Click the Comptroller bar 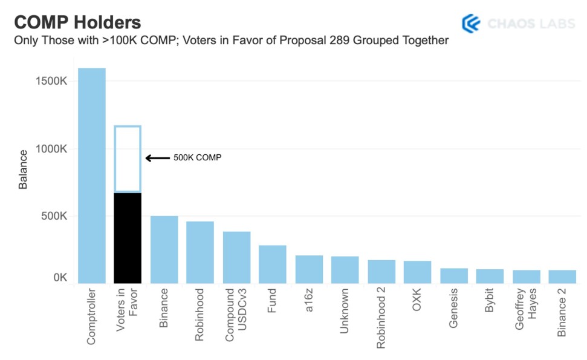tap(92, 175)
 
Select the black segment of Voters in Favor tap(128, 238)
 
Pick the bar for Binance tap(164, 249)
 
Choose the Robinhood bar tap(200, 252)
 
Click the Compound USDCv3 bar tap(236, 257)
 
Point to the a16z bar tap(310, 269)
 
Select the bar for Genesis tap(454, 276)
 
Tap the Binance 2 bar tap(562, 277)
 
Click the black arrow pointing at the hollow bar tap(158, 158)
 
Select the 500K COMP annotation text tap(197, 158)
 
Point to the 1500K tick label tap(51, 81)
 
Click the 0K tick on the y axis tap(60, 278)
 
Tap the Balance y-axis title tap(23, 169)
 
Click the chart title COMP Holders tap(77, 22)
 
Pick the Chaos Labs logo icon tap(471, 24)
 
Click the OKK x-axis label tap(417, 299)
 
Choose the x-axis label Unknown tap(344, 311)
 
